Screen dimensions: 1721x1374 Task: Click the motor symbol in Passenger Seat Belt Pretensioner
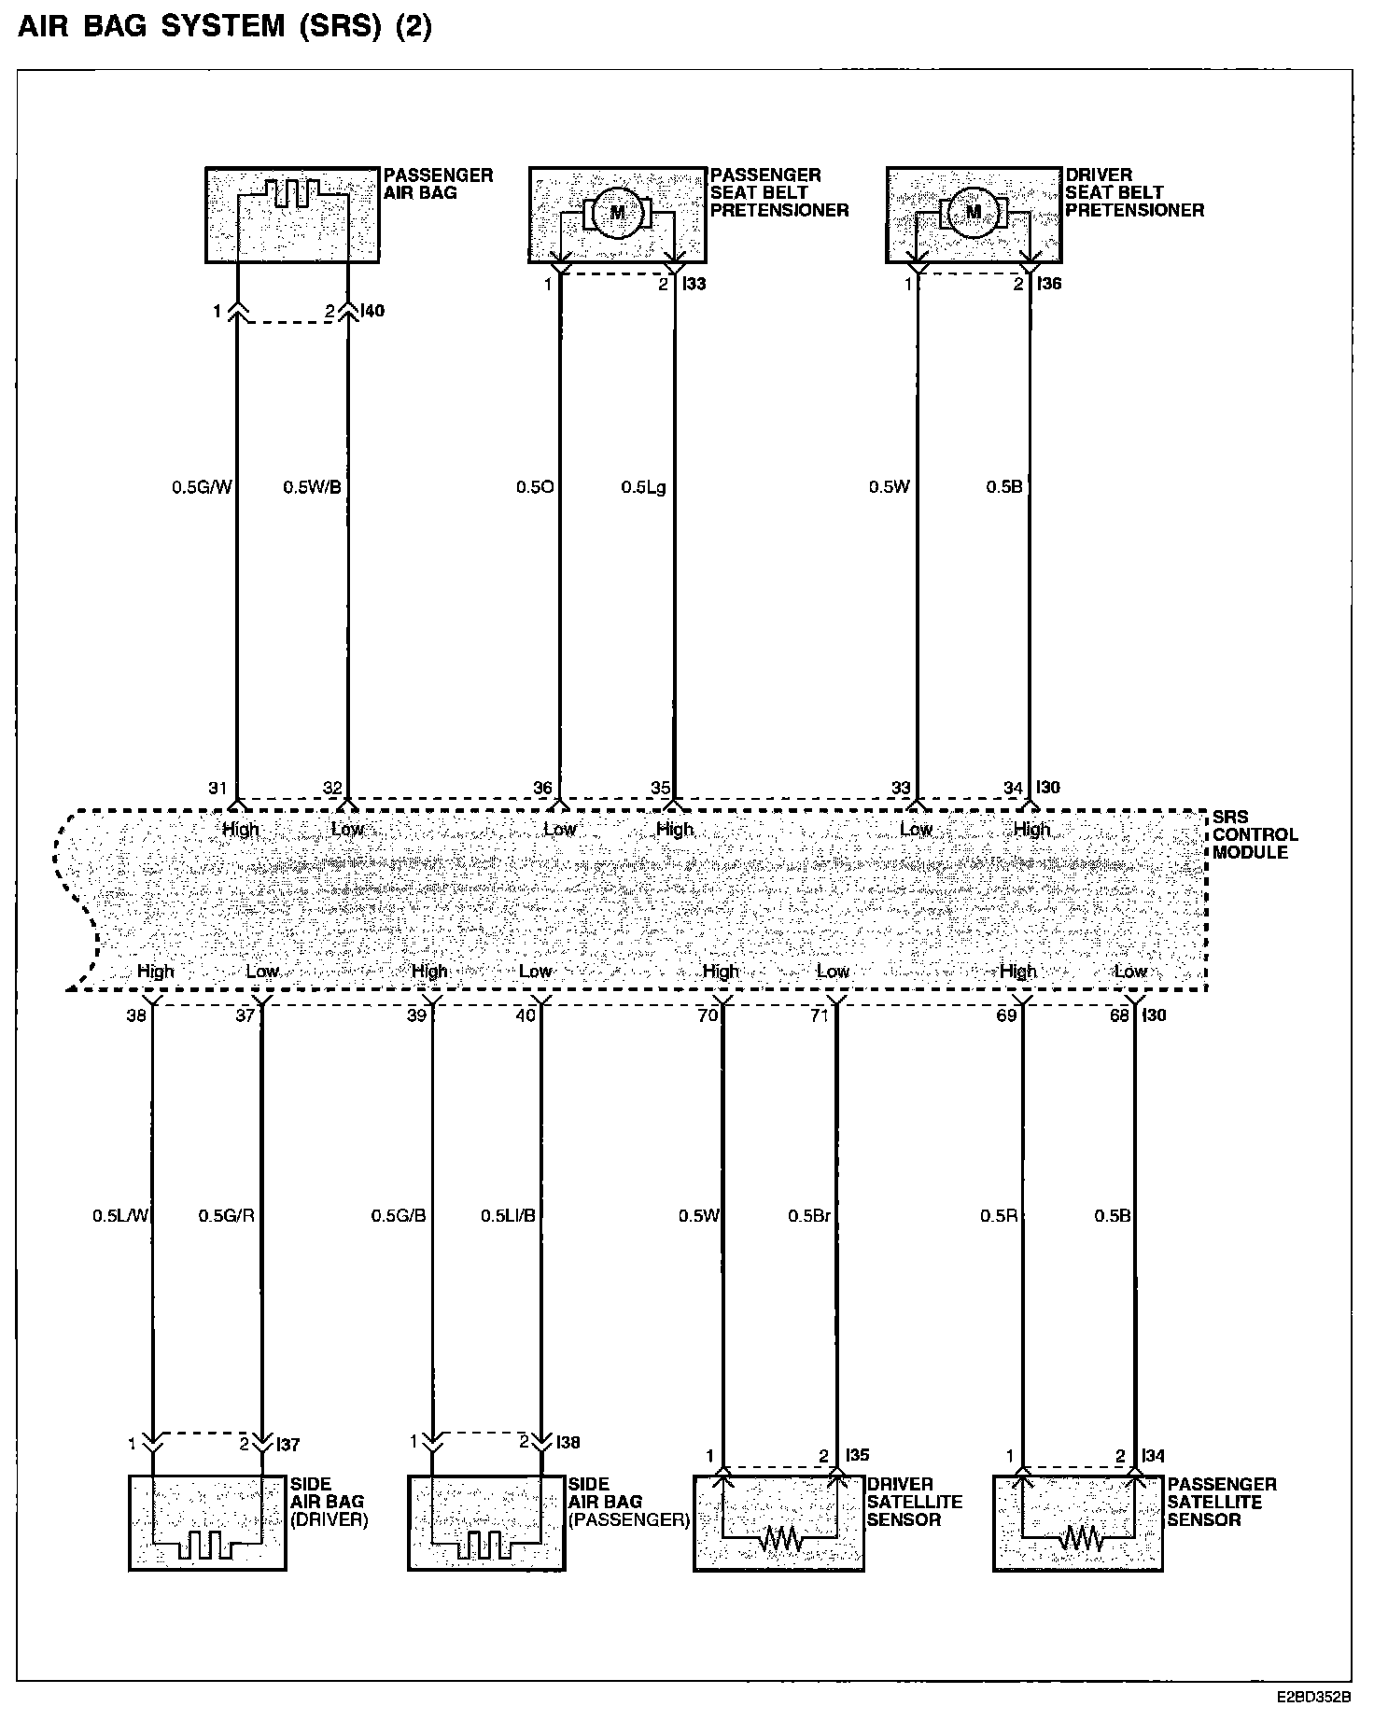[x=617, y=213]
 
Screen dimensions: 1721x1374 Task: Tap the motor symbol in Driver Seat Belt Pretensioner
[x=974, y=213]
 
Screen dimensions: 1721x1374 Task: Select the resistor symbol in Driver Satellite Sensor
[x=779, y=1540]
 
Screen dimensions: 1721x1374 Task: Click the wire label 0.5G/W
[x=201, y=487]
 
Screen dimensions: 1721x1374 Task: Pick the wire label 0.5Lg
[x=644, y=487]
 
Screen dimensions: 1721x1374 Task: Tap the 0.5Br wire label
[x=808, y=1216]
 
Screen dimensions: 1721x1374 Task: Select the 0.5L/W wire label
[x=120, y=1216]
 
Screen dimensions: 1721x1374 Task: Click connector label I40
[x=372, y=311]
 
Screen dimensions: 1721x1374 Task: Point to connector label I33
[x=694, y=284]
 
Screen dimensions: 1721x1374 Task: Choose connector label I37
[x=288, y=1445]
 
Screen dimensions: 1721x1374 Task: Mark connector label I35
[x=857, y=1455]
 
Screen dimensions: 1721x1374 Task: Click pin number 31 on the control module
[x=217, y=789]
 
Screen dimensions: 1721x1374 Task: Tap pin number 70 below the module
[x=708, y=1015]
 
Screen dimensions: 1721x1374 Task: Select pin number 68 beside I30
[x=1118, y=1015]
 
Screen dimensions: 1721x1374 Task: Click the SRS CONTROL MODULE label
[x=1255, y=834]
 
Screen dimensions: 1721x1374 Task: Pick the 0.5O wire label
[x=536, y=487]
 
